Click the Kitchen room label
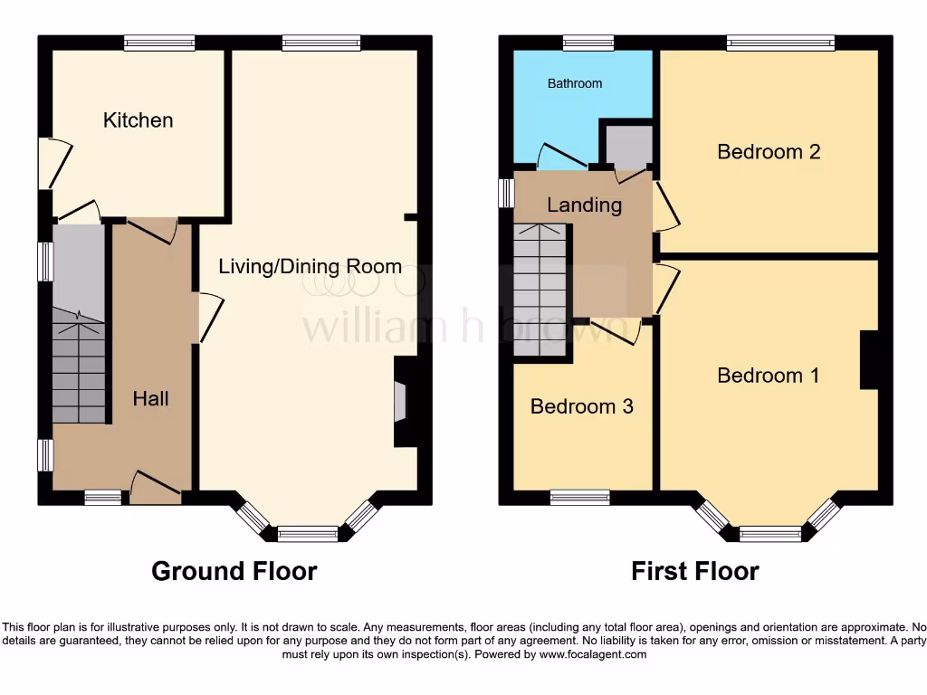(x=138, y=120)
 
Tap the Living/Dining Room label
(x=310, y=266)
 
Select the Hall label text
(x=150, y=398)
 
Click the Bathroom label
(x=574, y=83)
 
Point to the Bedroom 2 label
(x=769, y=151)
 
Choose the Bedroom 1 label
(x=769, y=375)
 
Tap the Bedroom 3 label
(x=581, y=406)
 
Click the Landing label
(x=584, y=205)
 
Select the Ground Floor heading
(x=234, y=571)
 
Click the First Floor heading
(x=694, y=571)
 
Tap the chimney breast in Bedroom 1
(x=869, y=360)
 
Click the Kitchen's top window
(x=159, y=43)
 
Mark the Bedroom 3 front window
(x=579, y=497)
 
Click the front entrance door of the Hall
(x=155, y=489)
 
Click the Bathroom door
(x=561, y=159)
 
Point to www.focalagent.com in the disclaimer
(x=592, y=654)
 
